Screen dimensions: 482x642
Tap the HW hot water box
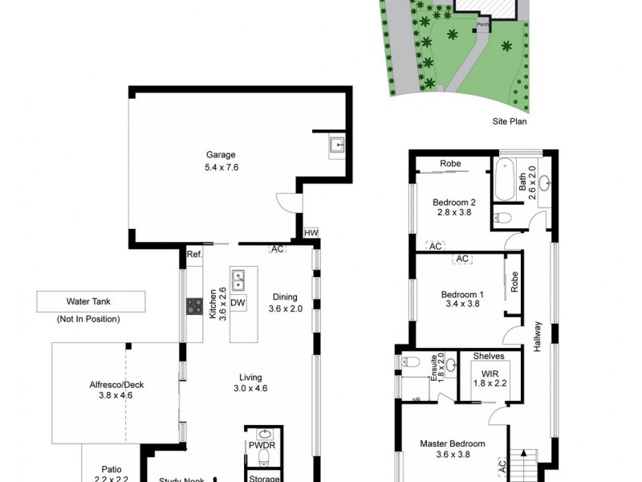pyautogui.click(x=311, y=233)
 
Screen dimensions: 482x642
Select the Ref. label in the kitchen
pyautogui.click(x=193, y=254)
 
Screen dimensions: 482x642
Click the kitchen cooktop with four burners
pyautogui.click(x=194, y=305)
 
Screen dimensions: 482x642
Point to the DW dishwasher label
pyautogui.click(x=238, y=303)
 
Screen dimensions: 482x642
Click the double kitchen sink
pyautogui.click(x=238, y=280)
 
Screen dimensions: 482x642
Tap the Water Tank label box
pyautogui.click(x=91, y=302)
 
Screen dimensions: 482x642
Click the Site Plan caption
pyautogui.click(x=510, y=123)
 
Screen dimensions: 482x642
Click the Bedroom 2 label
pyautogui.click(x=454, y=202)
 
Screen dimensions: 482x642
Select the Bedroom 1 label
pyautogui.click(x=461, y=294)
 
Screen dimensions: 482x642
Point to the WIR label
pyautogui.click(x=489, y=374)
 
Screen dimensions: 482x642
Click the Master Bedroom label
pyautogui.click(x=453, y=443)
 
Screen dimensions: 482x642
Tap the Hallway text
pyautogui.click(x=538, y=337)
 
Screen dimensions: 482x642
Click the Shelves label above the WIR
pyautogui.click(x=488, y=356)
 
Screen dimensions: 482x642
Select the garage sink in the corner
pyautogui.click(x=337, y=145)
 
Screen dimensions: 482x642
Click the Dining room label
pyautogui.click(x=284, y=296)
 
